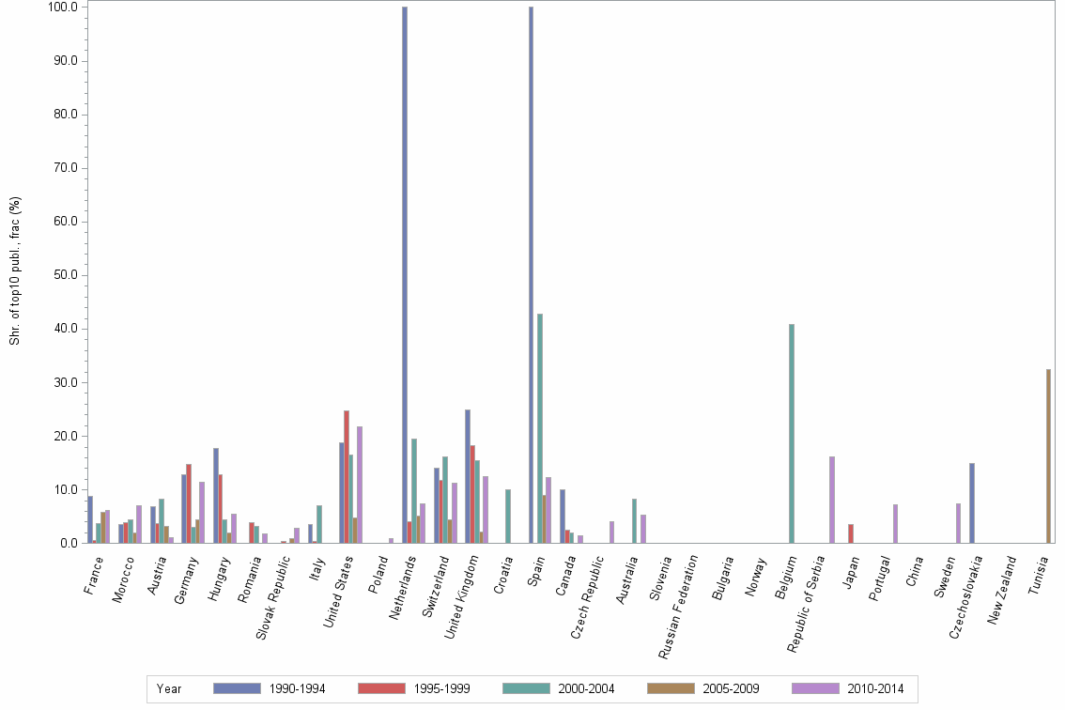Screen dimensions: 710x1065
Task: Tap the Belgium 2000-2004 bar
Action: coord(792,433)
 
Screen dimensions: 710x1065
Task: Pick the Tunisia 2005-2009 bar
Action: coord(1048,455)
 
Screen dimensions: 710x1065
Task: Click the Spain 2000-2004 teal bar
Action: coord(540,428)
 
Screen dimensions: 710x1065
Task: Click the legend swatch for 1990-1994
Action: coord(237,688)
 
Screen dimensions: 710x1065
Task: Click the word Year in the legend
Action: coord(169,688)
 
